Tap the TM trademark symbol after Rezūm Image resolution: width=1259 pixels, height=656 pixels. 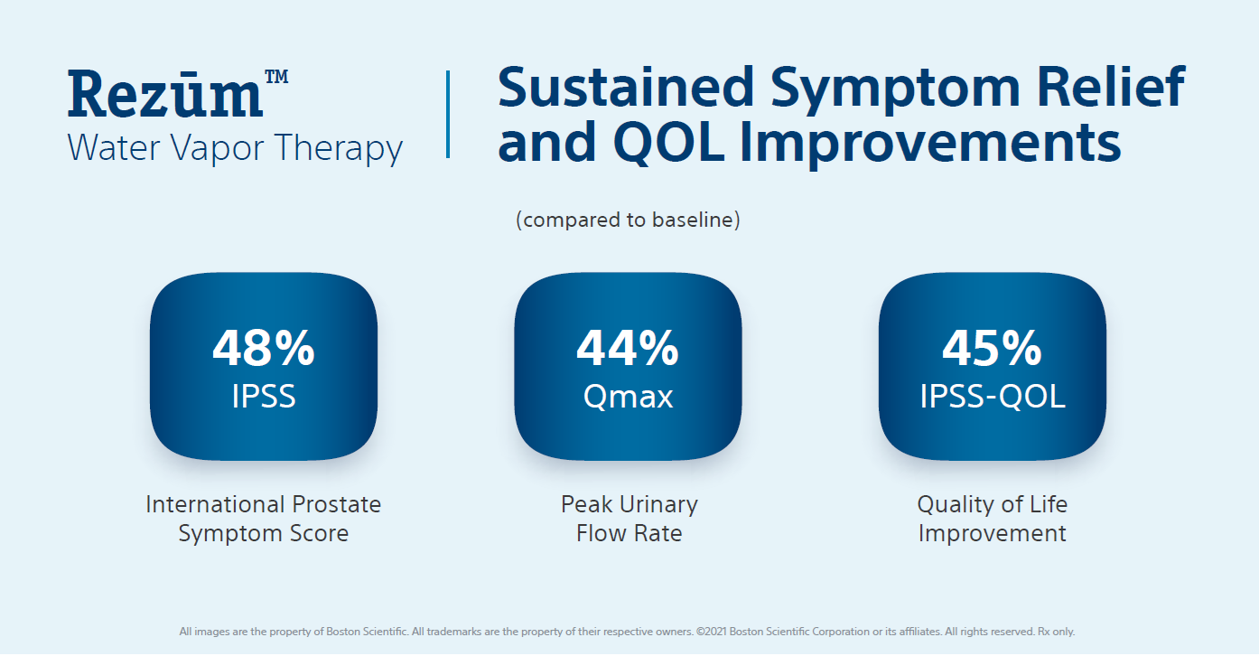[x=277, y=78]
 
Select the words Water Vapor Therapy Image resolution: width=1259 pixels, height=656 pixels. [x=235, y=147]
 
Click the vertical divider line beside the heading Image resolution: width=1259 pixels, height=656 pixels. [x=448, y=115]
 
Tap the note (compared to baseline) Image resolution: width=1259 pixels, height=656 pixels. [x=628, y=220]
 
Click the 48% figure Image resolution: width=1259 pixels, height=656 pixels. [x=264, y=348]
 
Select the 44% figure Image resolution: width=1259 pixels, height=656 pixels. [x=628, y=348]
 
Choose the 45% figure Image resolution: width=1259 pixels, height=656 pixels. [x=992, y=348]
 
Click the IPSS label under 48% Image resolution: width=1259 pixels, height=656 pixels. [x=264, y=396]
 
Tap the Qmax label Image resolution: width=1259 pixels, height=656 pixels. [x=628, y=396]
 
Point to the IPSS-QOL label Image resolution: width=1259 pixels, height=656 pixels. [x=992, y=396]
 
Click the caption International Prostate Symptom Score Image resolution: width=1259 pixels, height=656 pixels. [x=263, y=518]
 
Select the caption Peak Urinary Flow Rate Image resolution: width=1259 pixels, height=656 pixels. [x=629, y=518]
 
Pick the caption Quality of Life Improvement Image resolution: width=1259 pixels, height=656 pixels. [x=992, y=518]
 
